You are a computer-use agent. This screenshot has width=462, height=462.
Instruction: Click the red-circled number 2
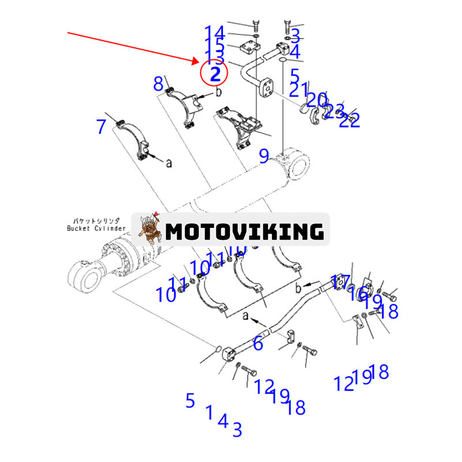(x=215, y=73)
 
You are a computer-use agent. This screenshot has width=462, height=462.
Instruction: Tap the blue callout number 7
(x=102, y=126)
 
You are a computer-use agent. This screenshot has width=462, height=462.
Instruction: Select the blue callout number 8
(x=158, y=84)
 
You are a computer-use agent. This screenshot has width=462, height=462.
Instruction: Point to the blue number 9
(x=264, y=156)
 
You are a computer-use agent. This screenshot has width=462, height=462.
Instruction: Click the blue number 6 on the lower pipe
(x=258, y=344)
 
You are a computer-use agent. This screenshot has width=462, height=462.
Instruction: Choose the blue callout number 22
(x=350, y=120)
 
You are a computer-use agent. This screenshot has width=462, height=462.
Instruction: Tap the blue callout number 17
(x=340, y=282)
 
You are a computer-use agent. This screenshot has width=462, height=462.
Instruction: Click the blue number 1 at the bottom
(x=209, y=412)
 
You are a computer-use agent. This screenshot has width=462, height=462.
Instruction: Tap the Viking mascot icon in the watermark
(x=148, y=230)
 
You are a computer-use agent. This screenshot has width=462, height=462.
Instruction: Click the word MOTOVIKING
(x=244, y=232)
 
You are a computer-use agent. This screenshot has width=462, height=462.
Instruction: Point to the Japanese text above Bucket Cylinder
(x=96, y=221)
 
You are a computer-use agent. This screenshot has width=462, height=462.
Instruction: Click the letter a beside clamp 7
(x=169, y=163)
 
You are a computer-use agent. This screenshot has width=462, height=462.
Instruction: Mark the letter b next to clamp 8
(x=219, y=92)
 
